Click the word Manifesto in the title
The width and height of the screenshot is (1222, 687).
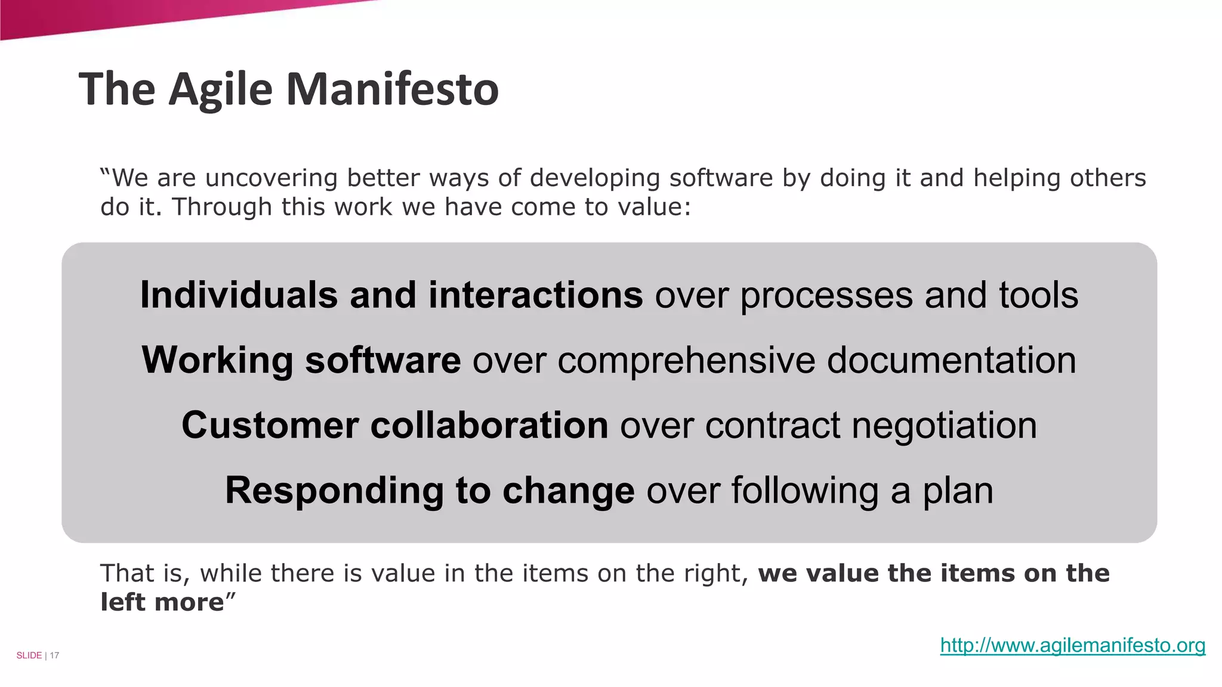(392, 89)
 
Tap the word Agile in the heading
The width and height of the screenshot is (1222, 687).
(221, 89)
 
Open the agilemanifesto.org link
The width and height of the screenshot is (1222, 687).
(1072, 645)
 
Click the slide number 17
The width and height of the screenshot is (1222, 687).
(54, 655)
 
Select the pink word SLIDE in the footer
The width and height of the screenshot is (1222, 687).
(29, 655)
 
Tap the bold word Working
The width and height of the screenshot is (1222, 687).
(217, 360)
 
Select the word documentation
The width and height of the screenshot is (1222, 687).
(951, 360)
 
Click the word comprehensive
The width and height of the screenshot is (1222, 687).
(686, 360)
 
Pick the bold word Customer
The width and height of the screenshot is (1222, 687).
(270, 425)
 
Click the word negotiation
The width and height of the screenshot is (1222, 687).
(944, 425)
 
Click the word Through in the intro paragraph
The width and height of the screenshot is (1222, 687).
(221, 207)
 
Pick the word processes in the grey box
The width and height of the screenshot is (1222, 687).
(826, 296)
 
